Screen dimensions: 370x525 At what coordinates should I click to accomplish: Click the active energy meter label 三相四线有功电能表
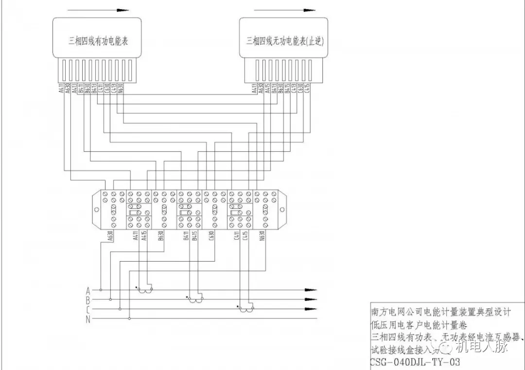click(98, 41)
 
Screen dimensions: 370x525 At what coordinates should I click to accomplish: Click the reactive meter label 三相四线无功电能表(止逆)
click(285, 41)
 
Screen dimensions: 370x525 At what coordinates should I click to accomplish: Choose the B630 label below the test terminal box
click(161, 236)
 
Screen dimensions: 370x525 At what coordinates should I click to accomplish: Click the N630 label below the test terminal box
click(262, 236)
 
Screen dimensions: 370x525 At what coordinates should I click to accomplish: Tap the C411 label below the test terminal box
click(237, 236)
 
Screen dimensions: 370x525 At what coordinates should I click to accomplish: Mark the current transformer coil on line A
click(144, 291)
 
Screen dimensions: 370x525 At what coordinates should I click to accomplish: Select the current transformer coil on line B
click(196, 300)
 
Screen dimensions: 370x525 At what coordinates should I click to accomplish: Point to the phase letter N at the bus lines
click(88, 319)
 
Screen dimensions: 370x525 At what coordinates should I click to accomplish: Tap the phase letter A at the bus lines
click(88, 291)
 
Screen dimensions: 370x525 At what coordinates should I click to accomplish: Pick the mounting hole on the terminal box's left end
click(96, 210)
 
